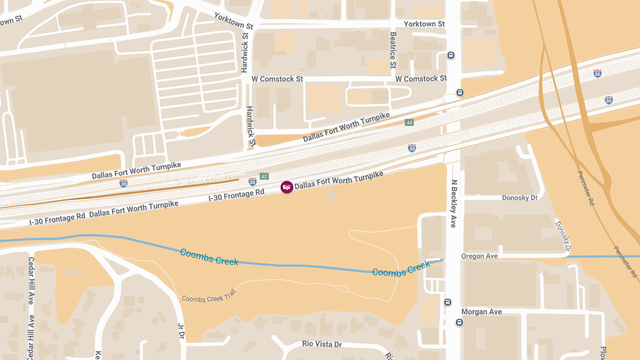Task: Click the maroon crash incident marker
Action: click(287, 187)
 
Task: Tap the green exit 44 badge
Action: click(409, 123)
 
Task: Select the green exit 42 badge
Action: click(264, 177)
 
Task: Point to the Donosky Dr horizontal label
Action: click(519, 198)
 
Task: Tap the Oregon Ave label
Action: click(479, 256)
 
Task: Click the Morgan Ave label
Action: click(482, 311)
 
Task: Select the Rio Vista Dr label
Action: click(322, 345)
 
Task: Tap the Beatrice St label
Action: click(393, 50)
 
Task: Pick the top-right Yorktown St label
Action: click(424, 24)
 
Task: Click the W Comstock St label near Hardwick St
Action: click(277, 79)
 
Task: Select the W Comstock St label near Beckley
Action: click(421, 78)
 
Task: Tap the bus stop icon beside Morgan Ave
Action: click(459, 323)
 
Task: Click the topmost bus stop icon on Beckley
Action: click(451, 55)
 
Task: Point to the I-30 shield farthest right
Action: click(609, 100)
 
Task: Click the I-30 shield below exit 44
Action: click(412, 148)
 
